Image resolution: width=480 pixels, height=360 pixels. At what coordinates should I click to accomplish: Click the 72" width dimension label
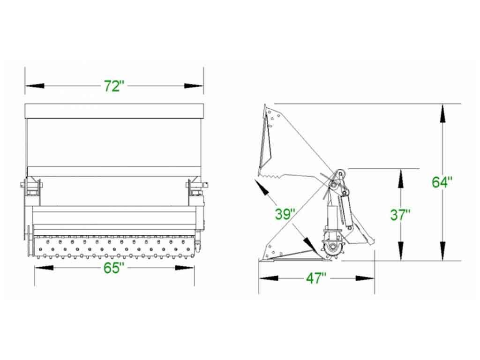(114, 86)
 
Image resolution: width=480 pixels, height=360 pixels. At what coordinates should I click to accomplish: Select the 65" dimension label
(114, 268)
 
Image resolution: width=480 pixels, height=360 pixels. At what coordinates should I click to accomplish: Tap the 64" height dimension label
(442, 182)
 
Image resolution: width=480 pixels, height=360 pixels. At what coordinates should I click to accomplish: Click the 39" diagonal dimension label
(285, 214)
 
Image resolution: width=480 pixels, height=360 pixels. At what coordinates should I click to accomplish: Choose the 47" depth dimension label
(316, 278)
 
